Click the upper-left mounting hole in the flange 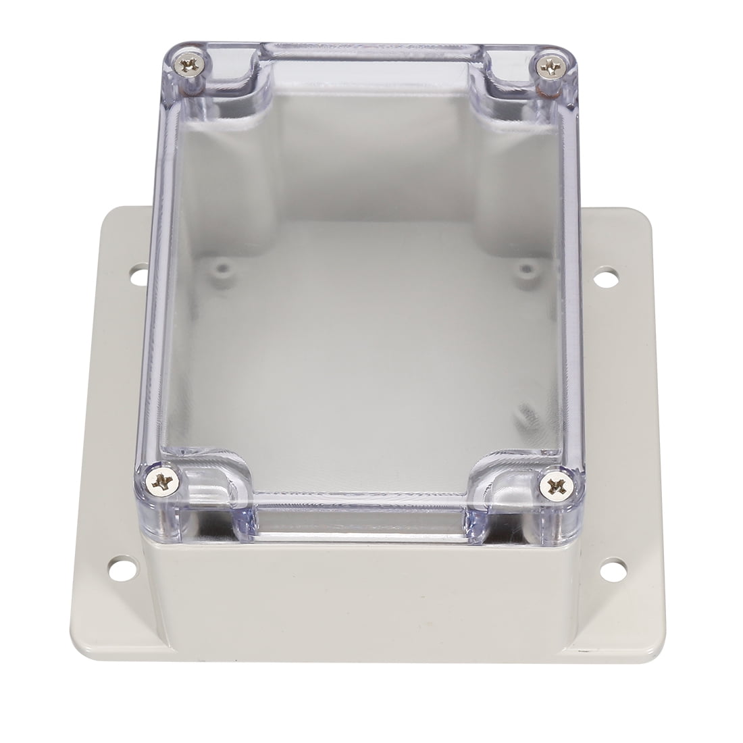[135, 277]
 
